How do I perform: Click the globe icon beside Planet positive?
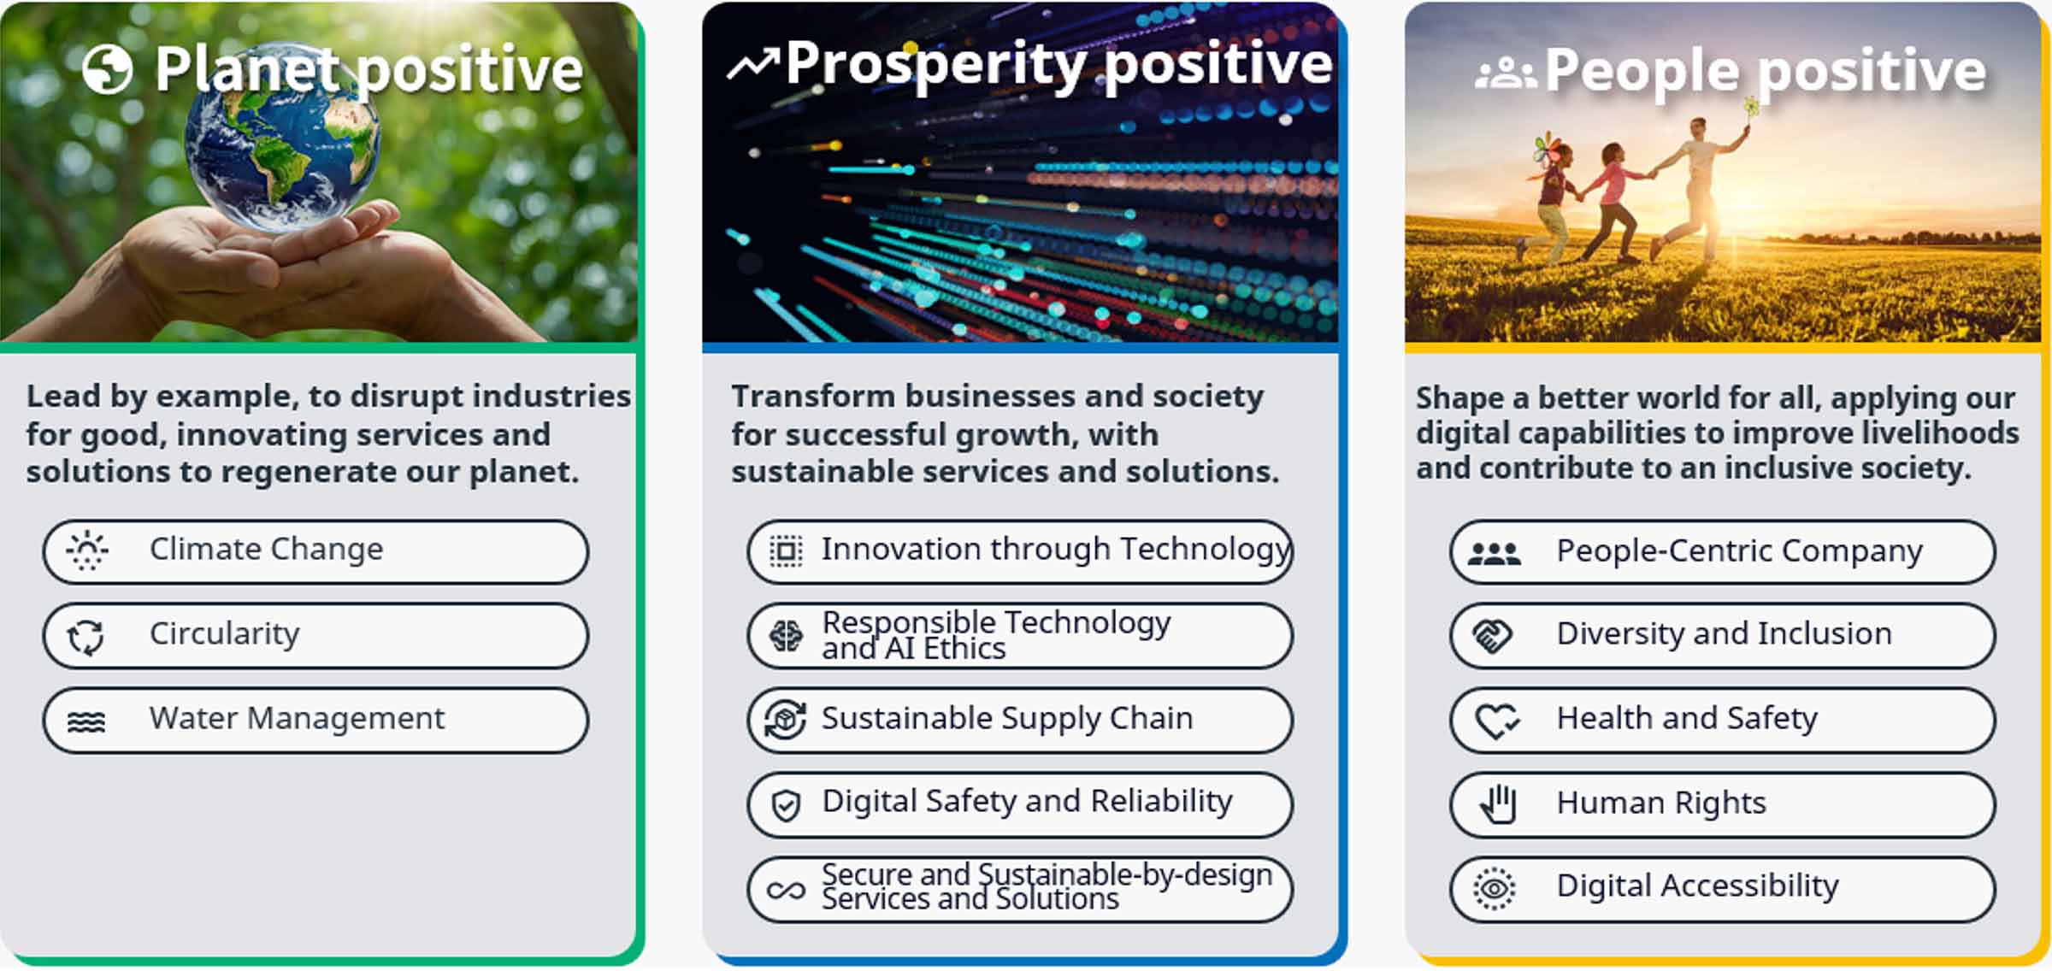pos(108,69)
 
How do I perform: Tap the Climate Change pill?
pos(315,551)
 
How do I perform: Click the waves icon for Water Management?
pos(86,722)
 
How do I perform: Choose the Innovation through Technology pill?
pos(1020,551)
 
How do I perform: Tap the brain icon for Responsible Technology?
pos(786,636)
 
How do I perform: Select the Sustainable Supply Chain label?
pos(1007,719)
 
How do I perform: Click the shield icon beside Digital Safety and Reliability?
pos(786,805)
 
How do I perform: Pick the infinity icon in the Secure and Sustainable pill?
pos(786,891)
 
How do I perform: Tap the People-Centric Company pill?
pos(1723,551)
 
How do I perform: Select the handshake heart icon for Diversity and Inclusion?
pos(1492,636)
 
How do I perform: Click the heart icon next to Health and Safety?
pos(1497,721)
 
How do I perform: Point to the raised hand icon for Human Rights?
pos(1499,803)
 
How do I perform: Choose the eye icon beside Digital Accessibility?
pos(1494,889)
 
